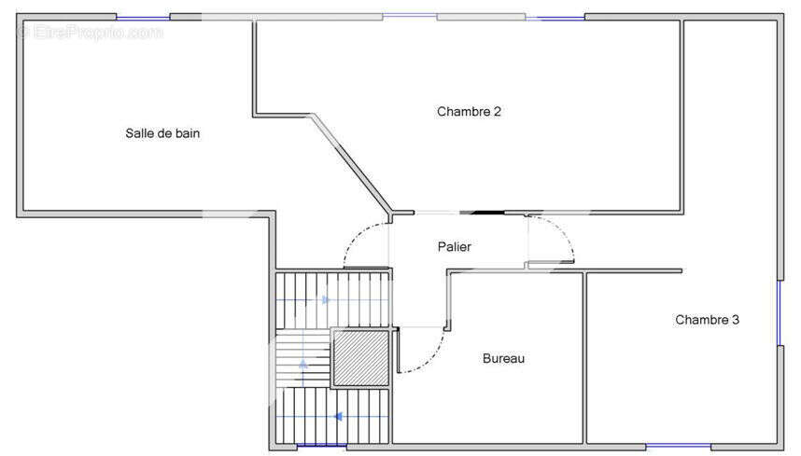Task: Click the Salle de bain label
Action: (162, 133)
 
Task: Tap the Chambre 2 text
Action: (469, 112)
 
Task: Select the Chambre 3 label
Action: (707, 320)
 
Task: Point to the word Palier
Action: (454, 247)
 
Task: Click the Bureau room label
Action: (504, 359)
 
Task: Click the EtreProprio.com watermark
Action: (91, 32)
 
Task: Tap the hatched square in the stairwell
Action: (360, 358)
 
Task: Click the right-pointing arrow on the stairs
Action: (326, 300)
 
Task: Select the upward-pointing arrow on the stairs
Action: (303, 365)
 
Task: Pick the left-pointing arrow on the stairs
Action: (338, 417)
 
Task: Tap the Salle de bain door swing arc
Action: (356, 236)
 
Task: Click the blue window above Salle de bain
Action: (143, 18)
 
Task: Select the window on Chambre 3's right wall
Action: (780, 313)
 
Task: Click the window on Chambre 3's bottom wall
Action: (679, 448)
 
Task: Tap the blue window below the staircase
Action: (321, 447)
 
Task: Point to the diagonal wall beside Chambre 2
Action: (351, 162)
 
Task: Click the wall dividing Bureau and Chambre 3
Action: (585, 358)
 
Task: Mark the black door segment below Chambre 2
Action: (482, 213)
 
